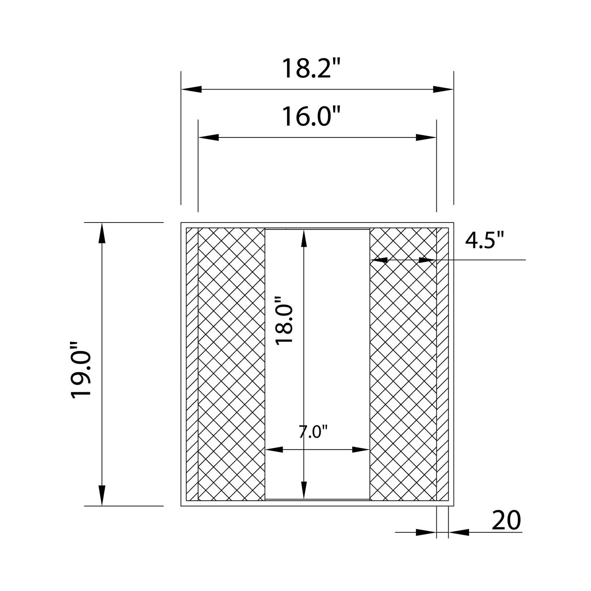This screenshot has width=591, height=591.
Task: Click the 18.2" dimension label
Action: pos(307,68)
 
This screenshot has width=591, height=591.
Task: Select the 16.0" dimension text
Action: pos(307,116)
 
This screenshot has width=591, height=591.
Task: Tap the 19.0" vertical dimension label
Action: pos(81,371)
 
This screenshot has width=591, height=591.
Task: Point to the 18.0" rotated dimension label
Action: pos(284,321)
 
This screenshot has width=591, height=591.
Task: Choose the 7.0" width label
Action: pos(313,432)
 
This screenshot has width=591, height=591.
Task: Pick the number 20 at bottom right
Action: pos(506,520)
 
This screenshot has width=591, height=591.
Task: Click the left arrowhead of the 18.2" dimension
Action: pos(191,89)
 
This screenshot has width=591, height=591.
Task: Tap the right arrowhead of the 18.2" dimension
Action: pos(443,89)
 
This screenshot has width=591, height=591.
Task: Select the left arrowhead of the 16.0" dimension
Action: pos(209,137)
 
